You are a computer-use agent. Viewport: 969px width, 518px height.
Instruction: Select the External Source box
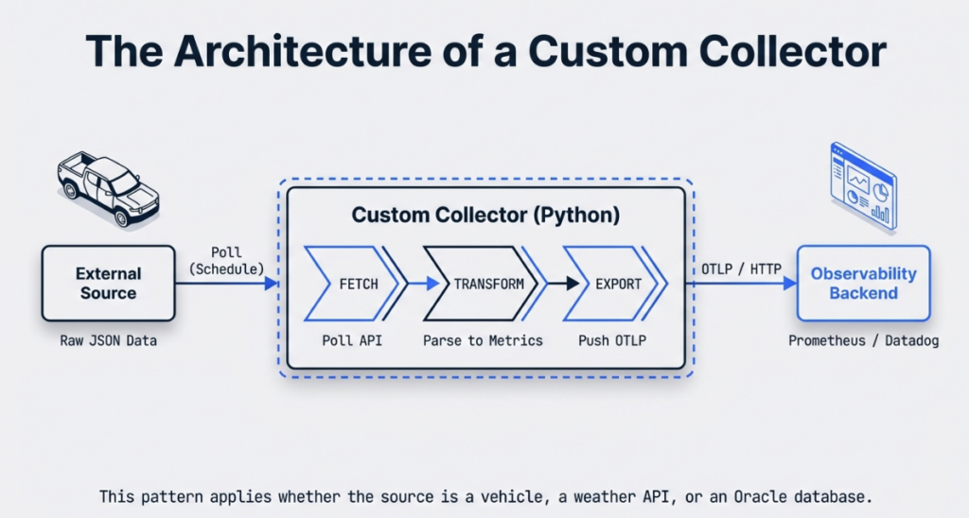(x=108, y=283)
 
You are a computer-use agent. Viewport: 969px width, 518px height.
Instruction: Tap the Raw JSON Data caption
(x=108, y=340)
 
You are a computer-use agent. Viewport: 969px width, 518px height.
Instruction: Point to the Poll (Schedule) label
(x=227, y=261)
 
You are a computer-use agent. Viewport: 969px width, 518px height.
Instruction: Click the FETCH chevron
(x=353, y=284)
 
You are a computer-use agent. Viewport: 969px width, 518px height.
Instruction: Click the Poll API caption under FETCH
(x=351, y=340)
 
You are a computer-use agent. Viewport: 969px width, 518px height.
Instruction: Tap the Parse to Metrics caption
(x=483, y=340)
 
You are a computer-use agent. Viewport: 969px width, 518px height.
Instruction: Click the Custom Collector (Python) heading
(x=485, y=215)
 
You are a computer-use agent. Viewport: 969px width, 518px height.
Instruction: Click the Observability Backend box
(x=863, y=283)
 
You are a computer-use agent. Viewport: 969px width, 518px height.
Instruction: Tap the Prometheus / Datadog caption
(x=863, y=340)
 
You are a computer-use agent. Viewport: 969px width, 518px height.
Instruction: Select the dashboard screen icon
(x=862, y=186)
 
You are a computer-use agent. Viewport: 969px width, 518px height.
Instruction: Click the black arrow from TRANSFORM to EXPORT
(x=558, y=284)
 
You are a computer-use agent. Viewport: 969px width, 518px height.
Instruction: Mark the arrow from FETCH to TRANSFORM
(x=425, y=284)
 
